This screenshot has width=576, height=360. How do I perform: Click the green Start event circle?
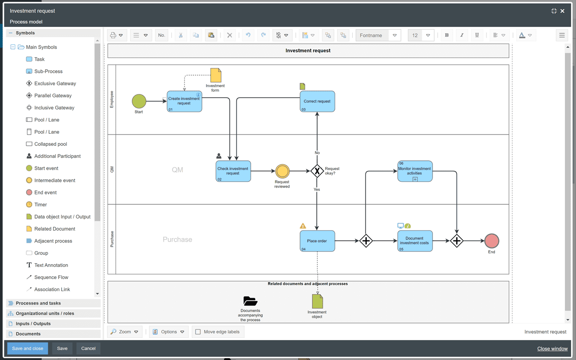point(139,101)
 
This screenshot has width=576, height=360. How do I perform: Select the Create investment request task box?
point(184,101)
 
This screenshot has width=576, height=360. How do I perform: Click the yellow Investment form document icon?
point(216,75)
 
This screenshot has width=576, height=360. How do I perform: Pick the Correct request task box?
point(317,101)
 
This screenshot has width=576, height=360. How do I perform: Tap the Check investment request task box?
point(233,171)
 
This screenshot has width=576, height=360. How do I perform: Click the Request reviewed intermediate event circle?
point(282,171)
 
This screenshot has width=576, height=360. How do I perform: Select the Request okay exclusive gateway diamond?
point(317,171)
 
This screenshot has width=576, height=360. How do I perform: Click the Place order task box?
point(317,241)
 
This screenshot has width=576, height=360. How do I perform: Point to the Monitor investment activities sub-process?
point(415,171)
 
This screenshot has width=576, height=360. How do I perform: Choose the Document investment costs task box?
point(415,241)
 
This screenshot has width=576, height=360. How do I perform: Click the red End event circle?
point(491,241)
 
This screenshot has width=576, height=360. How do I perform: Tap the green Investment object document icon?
point(317,301)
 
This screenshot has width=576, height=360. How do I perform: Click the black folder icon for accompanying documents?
point(250,301)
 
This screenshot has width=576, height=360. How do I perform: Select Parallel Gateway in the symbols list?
point(53,95)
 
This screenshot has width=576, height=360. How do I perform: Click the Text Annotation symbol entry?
point(51,265)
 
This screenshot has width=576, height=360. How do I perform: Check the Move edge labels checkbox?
point(198,332)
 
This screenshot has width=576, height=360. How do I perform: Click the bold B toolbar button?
point(447,35)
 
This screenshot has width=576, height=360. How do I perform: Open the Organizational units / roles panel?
point(45,313)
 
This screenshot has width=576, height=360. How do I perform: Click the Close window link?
point(552,349)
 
